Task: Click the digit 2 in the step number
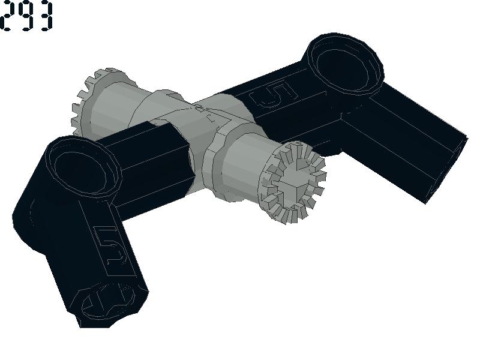coord(7,16)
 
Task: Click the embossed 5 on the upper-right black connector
coord(273,94)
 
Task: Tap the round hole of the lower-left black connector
coord(80,169)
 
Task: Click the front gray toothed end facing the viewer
coord(292,183)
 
